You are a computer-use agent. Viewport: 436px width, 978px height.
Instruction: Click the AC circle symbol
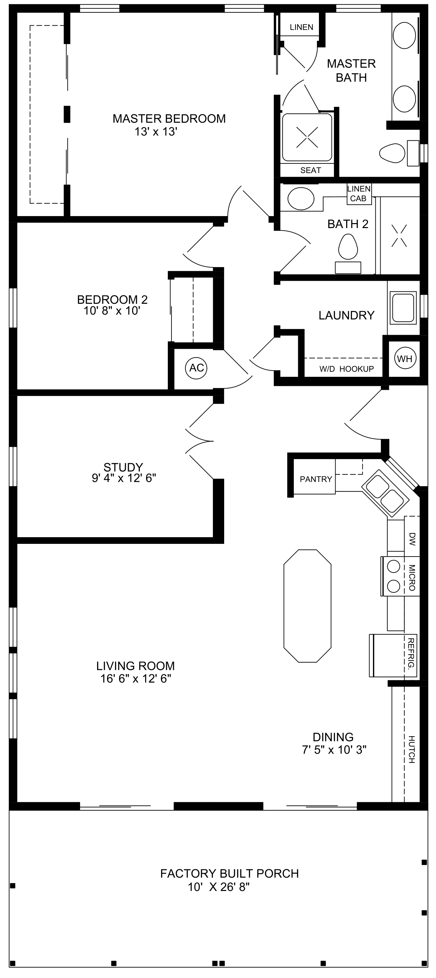[x=196, y=367]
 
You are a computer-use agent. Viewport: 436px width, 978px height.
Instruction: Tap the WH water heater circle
[x=405, y=358]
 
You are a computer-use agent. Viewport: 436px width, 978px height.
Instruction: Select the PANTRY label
[x=316, y=479]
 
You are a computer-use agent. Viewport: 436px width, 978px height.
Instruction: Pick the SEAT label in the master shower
[x=311, y=170]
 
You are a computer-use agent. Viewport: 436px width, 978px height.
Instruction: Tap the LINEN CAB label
[x=359, y=194]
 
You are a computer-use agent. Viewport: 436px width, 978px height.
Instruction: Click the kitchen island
[x=307, y=606]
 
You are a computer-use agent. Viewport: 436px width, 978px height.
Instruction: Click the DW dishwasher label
[x=412, y=539]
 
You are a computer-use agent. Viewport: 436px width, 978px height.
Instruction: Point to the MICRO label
[x=412, y=578]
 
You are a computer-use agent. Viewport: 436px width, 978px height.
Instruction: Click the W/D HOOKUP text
[x=346, y=369]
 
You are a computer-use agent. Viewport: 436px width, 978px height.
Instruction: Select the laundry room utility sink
[x=404, y=307]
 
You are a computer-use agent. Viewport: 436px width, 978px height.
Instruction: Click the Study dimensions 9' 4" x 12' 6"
[x=124, y=477]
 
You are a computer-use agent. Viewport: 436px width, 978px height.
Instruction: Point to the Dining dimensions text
[x=334, y=750]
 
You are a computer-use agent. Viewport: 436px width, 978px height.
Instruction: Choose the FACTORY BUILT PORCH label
[x=230, y=873]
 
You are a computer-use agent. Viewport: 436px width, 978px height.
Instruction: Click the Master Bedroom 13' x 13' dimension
[x=156, y=131]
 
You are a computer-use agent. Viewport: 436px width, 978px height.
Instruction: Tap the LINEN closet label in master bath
[x=302, y=27]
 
